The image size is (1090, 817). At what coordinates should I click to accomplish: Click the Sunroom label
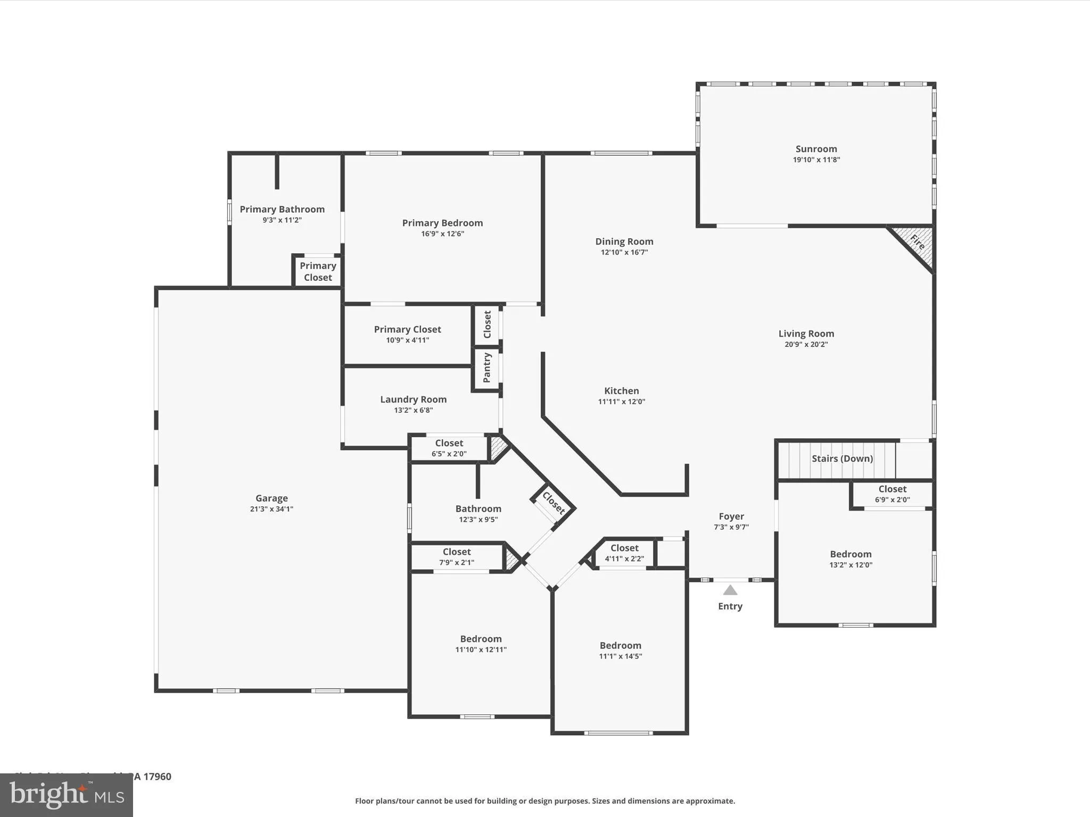pos(816,149)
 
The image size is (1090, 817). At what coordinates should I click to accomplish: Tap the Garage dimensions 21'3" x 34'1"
pos(271,509)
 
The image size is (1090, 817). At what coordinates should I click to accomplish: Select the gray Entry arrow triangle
pos(730,590)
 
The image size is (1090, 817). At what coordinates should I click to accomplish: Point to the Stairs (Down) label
pos(842,458)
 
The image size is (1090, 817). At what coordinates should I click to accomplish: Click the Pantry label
pos(486,368)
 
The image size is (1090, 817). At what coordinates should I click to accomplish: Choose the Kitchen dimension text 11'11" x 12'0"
pos(621,402)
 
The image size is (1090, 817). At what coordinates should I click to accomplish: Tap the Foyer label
pos(731,516)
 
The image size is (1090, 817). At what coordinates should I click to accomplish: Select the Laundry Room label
pos(413,399)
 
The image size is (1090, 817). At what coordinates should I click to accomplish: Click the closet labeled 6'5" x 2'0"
pos(449,448)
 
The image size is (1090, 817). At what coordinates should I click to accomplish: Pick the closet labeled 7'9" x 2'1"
pos(457,557)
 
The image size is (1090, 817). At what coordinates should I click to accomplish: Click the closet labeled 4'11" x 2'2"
pos(624,553)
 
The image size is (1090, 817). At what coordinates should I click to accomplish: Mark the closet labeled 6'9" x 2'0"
pos(892,494)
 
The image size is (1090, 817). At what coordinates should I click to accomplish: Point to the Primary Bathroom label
pos(282,209)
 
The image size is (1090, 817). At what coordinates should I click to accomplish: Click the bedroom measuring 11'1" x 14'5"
pos(620,651)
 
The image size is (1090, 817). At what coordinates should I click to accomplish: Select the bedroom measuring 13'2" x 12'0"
pos(850,559)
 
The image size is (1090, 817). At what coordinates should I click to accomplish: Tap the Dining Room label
pos(624,241)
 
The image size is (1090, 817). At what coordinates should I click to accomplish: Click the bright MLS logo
pos(67,795)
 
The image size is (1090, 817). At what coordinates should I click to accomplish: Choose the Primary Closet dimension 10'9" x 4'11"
pos(407,340)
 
